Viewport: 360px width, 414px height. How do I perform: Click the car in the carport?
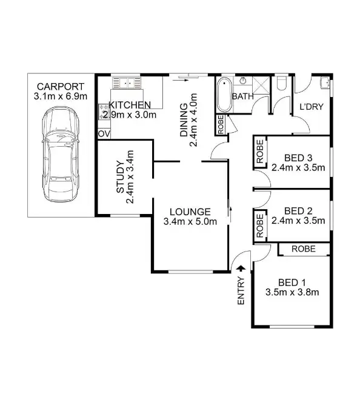coord(59,156)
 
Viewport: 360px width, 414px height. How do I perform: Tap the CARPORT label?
coord(59,86)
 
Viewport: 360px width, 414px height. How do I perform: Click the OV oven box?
coord(103,133)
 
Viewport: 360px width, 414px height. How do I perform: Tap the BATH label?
coord(244,96)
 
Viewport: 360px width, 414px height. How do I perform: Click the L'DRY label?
coord(310,107)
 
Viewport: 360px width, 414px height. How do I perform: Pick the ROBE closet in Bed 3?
coord(259,153)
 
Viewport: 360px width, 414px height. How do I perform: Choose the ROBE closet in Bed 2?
coord(259,225)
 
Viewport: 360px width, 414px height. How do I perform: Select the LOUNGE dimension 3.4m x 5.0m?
coord(190,221)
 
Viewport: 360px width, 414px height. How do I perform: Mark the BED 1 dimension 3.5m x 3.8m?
coord(292,292)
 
